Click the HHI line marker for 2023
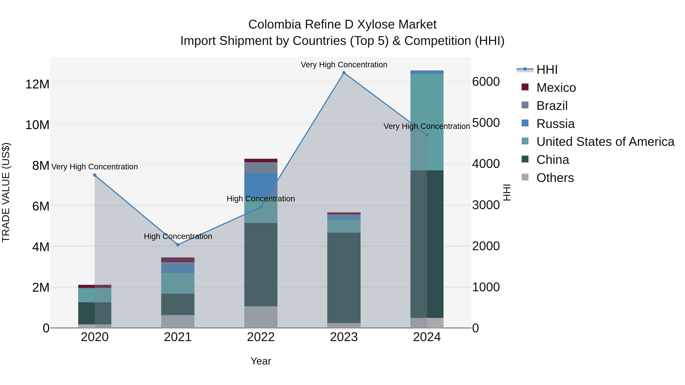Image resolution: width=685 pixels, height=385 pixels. click(344, 73)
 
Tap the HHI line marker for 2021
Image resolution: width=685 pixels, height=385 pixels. click(178, 245)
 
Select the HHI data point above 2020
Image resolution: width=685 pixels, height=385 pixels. click(95, 175)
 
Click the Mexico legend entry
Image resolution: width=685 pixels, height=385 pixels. click(556, 88)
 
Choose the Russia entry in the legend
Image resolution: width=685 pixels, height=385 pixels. click(555, 124)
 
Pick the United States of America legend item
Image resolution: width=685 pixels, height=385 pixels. click(605, 142)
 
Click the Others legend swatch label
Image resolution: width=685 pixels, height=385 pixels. click(555, 178)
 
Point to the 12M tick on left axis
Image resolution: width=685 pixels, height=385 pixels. click(37, 84)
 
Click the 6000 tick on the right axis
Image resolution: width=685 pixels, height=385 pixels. click(486, 82)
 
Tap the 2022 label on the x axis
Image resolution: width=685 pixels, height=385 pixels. click(261, 337)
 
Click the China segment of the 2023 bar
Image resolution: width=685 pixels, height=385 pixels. click(344, 278)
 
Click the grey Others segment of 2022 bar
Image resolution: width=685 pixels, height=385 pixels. click(261, 317)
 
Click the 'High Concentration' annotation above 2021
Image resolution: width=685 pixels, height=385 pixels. click(178, 236)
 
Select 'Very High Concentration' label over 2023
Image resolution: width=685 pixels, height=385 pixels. click(344, 65)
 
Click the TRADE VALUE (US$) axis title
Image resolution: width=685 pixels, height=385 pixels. click(6, 192)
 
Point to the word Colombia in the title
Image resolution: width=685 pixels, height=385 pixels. click(274, 25)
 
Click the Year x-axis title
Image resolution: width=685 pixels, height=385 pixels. click(261, 361)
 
